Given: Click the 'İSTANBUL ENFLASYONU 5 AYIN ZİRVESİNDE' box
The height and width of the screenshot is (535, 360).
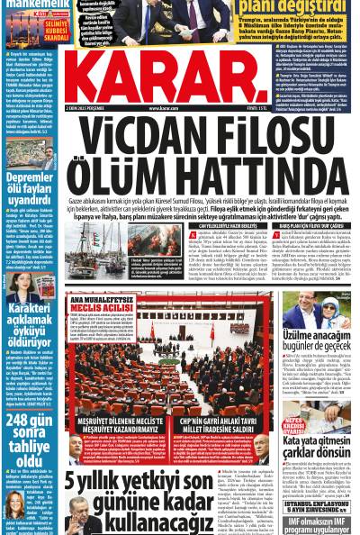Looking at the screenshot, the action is coord(317,499).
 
